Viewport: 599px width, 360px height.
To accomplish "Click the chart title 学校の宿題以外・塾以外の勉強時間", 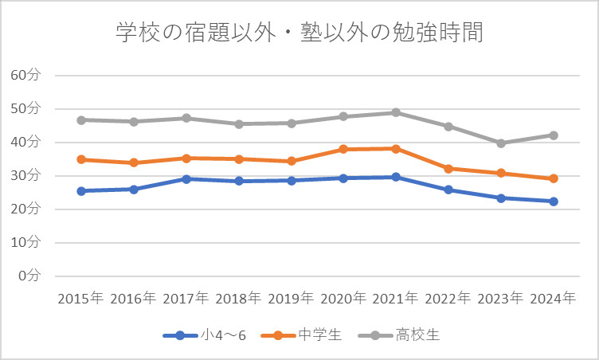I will point(299,33).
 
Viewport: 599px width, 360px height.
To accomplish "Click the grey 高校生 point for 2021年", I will point(396,112).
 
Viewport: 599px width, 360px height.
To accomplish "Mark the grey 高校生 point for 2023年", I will point(501,143).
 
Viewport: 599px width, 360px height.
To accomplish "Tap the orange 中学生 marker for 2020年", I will point(343,149).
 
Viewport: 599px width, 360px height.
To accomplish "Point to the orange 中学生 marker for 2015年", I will point(80,159).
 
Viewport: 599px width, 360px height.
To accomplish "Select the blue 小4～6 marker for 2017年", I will point(186,179).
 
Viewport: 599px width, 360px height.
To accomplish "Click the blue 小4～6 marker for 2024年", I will point(554,202).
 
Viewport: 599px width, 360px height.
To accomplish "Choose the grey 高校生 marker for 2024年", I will point(554,135).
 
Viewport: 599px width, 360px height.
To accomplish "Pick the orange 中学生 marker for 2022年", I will point(448,169).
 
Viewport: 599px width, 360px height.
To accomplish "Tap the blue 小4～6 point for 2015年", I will point(80,191).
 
